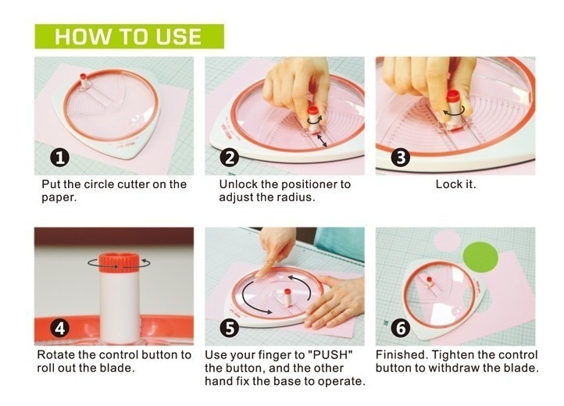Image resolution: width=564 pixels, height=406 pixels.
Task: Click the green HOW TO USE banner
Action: tap(129, 37)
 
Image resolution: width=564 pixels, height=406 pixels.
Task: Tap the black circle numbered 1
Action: tap(59, 158)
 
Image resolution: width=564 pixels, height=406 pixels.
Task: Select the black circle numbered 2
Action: tap(230, 158)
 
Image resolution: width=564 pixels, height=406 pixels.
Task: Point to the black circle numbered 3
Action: tap(400, 158)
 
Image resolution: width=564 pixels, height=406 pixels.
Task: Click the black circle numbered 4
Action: tap(59, 329)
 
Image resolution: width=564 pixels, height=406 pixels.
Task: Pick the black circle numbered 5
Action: tap(230, 329)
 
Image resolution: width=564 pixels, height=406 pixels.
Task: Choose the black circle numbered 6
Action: tap(400, 329)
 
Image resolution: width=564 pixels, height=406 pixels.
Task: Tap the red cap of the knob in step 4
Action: tap(120, 263)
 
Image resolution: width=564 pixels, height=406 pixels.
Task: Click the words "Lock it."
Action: tap(455, 184)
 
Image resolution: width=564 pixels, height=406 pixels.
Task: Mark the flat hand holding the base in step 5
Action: tap(333, 302)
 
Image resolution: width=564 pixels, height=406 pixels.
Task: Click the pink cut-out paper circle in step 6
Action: tap(447, 240)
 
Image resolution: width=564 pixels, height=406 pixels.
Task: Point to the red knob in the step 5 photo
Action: tap(287, 297)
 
